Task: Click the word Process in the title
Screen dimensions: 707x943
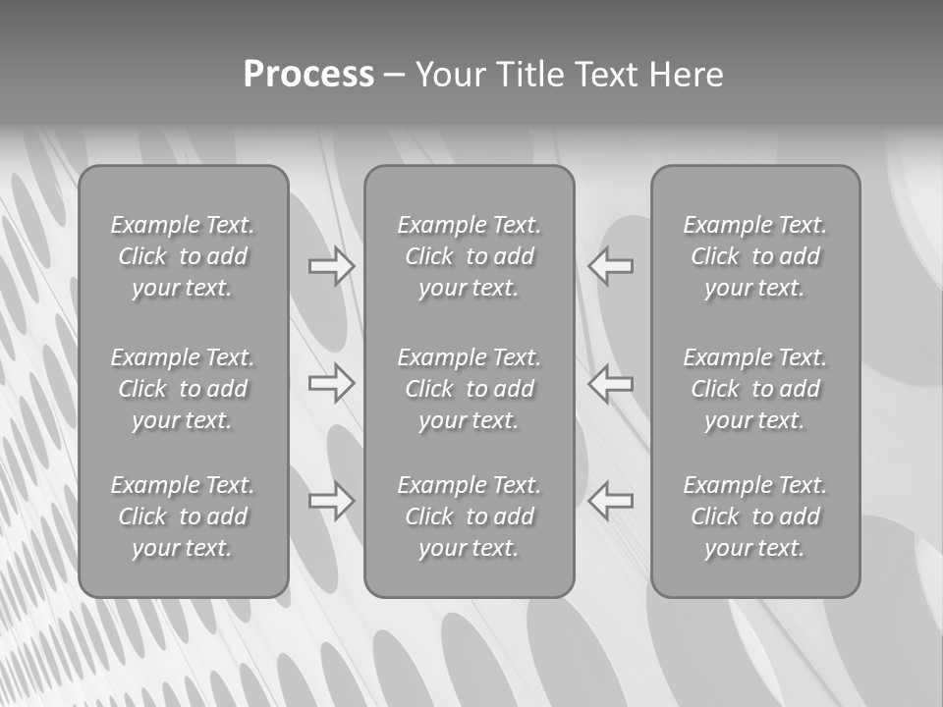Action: coord(308,75)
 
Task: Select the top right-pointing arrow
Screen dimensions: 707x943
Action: coord(332,266)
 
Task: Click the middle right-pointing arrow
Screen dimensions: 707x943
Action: coord(332,383)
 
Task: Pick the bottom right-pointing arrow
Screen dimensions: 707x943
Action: coord(332,502)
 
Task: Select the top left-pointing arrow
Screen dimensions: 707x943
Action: coord(611,266)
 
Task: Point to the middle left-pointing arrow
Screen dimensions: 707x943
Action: coord(611,383)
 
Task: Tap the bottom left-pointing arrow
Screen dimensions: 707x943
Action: coord(611,502)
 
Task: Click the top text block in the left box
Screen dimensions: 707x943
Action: coord(183,256)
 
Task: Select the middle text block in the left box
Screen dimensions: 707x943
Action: coord(183,389)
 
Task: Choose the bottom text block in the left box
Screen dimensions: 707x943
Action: coord(183,517)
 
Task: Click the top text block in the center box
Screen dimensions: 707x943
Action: coord(469,256)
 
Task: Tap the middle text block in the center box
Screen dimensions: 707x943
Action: coord(469,389)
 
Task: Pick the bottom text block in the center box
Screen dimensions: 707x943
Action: coord(469,517)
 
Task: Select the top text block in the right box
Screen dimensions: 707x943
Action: coord(754,256)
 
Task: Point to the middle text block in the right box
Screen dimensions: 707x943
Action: coord(754,389)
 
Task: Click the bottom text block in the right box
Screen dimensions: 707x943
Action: coord(754,517)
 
